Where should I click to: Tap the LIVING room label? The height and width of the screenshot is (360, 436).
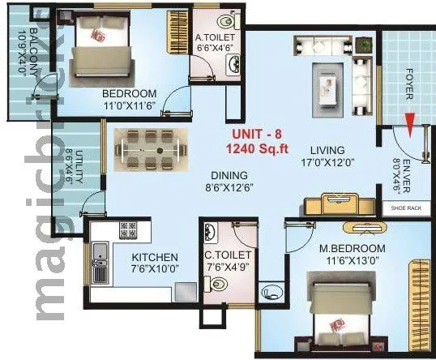point(327,150)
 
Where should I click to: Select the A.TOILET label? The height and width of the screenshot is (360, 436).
point(214,37)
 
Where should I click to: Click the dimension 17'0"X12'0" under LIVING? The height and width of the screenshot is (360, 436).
point(327,162)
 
